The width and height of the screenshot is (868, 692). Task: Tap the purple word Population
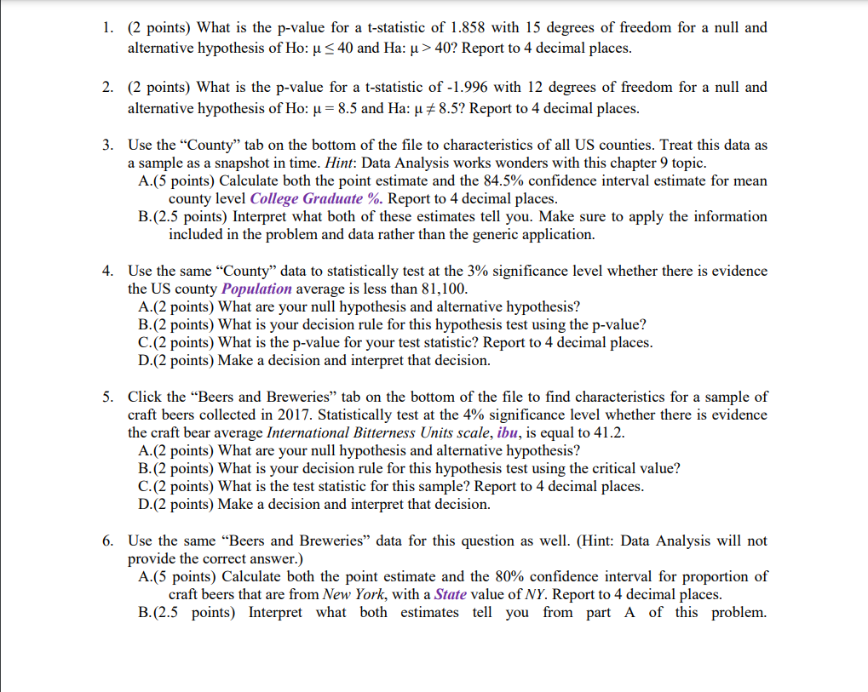tap(262, 289)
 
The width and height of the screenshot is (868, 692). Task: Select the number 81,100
tap(438, 289)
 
